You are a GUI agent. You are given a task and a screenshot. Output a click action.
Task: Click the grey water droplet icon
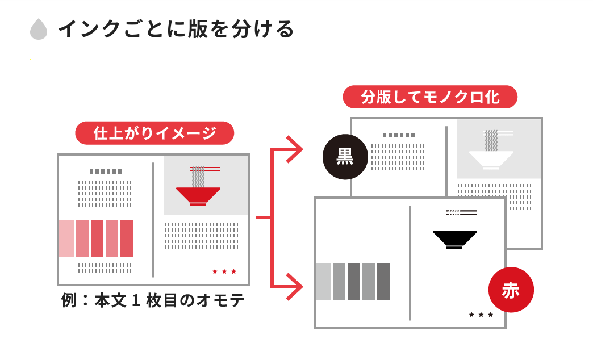(39, 30)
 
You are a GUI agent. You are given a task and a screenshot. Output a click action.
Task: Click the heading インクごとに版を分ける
(176, 29)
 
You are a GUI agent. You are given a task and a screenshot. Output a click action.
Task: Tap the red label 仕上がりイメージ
(154, 133)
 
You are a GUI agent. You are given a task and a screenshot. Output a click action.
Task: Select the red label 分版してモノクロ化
(430, 97)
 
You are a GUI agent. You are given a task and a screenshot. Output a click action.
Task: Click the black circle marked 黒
(345, 157)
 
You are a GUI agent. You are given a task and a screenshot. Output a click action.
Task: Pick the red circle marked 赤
(511, 290)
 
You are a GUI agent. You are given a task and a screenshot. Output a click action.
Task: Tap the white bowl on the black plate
(491, 158)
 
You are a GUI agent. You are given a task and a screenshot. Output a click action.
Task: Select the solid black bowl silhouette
(454, 238)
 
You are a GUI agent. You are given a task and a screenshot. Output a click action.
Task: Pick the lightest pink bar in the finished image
(66, 238)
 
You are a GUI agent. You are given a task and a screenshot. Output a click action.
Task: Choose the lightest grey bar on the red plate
(323, 282)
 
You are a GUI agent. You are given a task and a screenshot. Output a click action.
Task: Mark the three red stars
(224, 271)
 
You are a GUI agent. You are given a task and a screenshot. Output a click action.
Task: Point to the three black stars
(481, 315)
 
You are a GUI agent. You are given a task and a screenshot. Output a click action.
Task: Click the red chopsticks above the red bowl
(205, 169)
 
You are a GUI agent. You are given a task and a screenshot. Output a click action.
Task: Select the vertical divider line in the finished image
(153, 220)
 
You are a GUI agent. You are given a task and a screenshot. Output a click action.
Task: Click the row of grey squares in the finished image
(106, 171)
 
